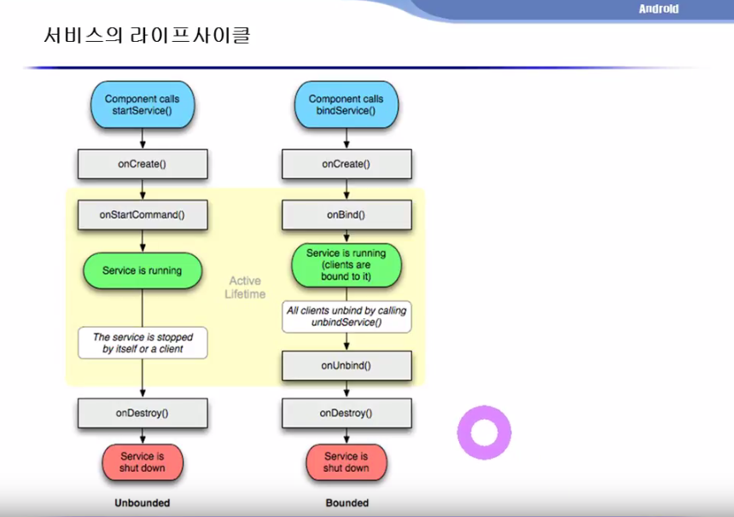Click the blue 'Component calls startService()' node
pos(143,105)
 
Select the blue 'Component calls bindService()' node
pos(347,105)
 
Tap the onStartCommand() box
pos(143,215)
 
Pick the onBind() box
pos(347,215)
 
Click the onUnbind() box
pos(347,365)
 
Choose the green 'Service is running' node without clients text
pos(143,270)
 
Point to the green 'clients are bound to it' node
pos(347,264)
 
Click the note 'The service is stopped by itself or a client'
pos(143,343)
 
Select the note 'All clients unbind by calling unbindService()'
pos(347,317)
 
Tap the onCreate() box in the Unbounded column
pos(143,164)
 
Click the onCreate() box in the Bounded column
pos(347,164)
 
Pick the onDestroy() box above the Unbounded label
pos(143,413)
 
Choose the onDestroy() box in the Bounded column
pos(347,413)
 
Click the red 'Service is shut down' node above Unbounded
pos(143,462)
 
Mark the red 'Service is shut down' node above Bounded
pos(347,462)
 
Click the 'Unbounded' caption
pos(143,503)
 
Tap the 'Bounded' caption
pos(347,503)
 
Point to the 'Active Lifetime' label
pos(246,288)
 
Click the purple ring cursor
pos(484,433)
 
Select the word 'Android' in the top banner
pos(659,9)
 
